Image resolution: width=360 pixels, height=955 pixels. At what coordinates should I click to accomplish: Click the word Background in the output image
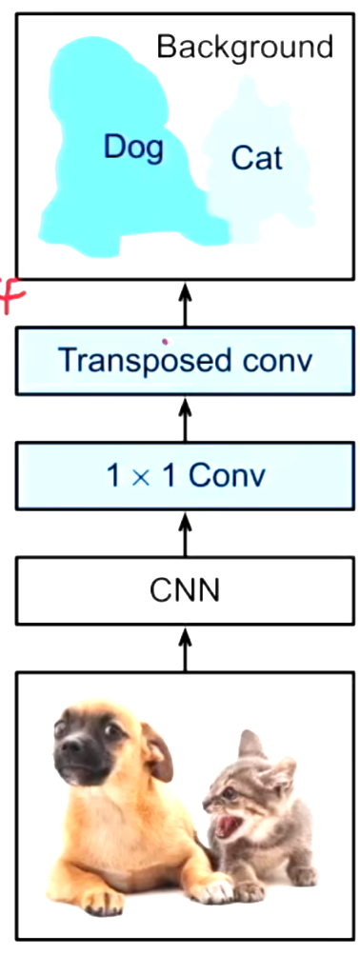tap(245, 47)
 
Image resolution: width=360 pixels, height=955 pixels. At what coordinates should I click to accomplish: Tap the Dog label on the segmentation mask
tap(133, 147)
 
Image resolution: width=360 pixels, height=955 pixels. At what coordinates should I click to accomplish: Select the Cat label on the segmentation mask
tap(256, 157)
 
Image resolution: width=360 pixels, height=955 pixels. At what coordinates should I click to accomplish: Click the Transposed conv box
tap(185, 361)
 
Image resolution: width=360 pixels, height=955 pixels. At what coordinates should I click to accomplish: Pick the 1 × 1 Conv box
tap(185, 475)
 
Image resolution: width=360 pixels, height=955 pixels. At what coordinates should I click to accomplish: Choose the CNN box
tap(185, 590)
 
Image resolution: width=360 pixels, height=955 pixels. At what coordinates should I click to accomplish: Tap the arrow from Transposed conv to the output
tap(185, 304)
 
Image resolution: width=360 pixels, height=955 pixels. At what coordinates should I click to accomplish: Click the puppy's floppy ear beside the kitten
tap(157, 752)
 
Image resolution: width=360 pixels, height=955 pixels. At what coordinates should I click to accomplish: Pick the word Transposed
tap(143, 361)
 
